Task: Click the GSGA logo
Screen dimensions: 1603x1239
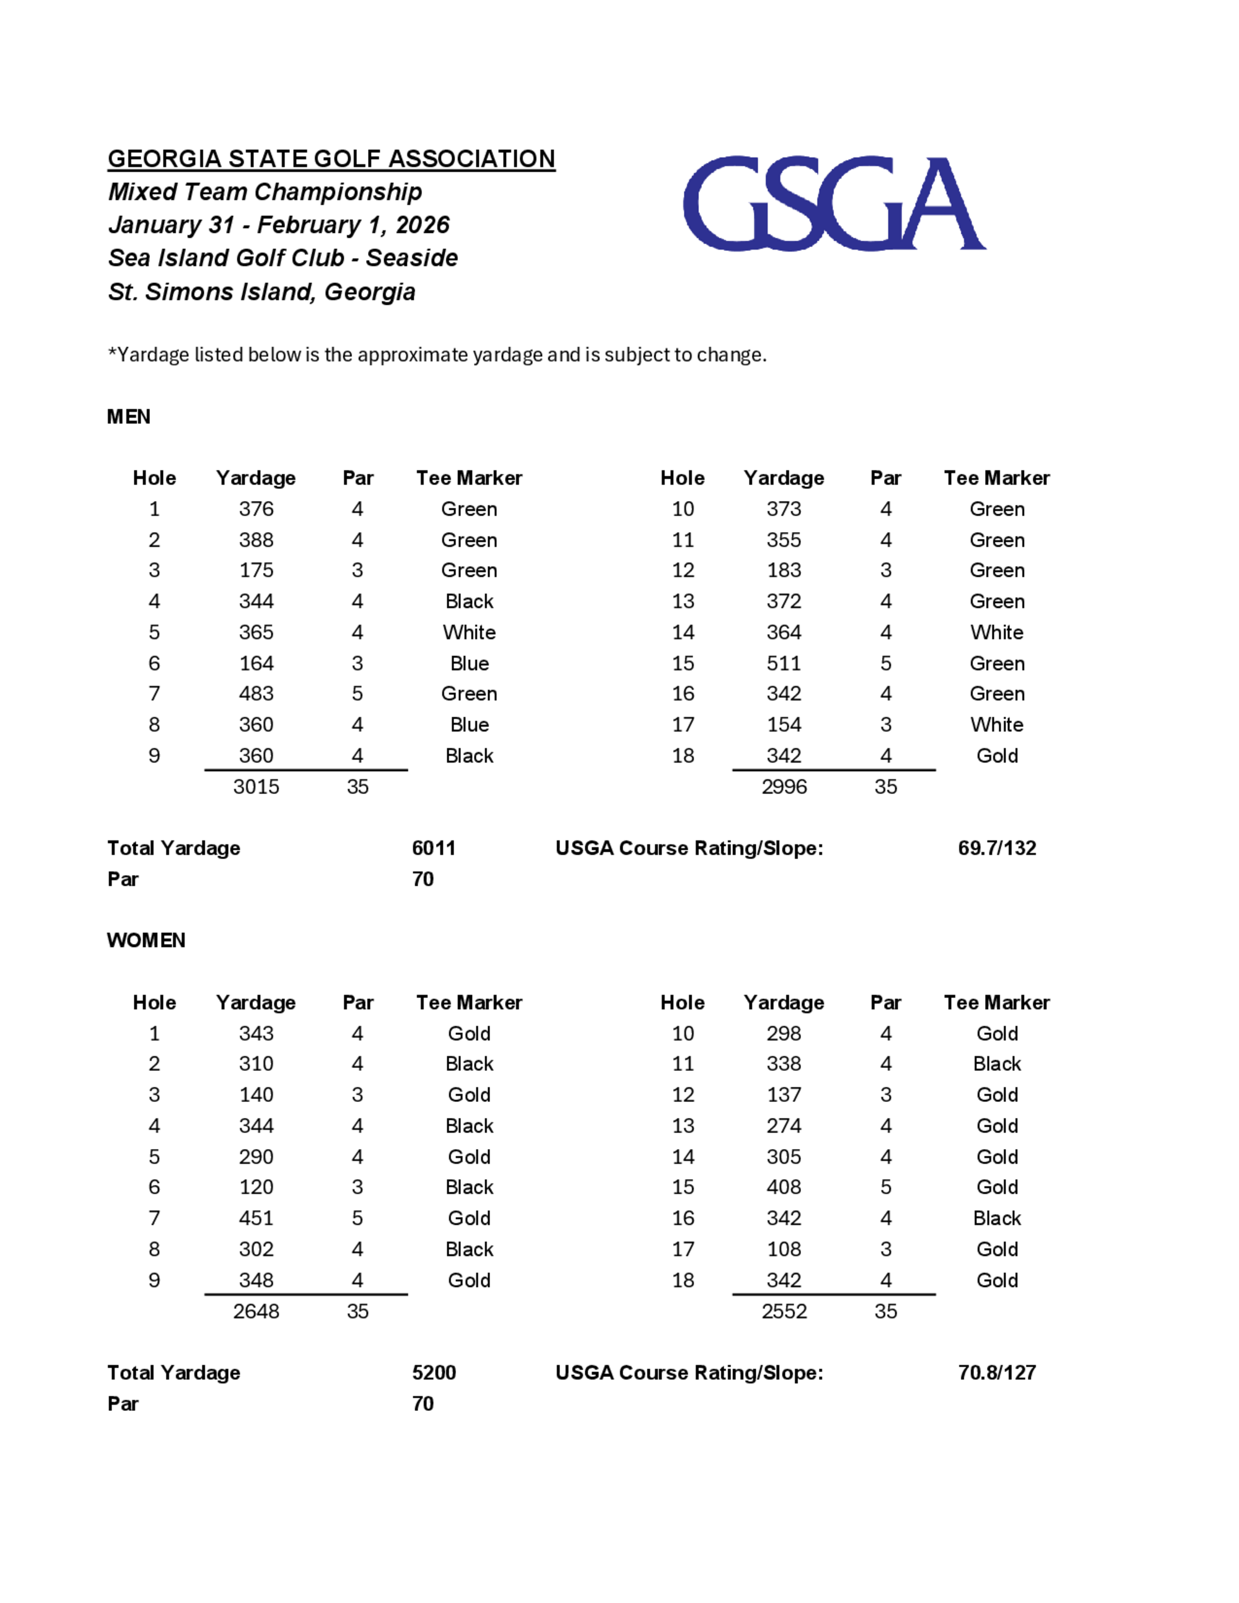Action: (834, 203)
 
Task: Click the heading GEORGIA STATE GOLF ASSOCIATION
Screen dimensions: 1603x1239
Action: (331, 159)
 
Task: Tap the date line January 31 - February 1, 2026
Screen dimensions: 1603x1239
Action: (279, 225)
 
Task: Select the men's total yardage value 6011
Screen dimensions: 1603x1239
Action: (433, 848)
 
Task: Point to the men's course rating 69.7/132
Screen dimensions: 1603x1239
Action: (996, 848)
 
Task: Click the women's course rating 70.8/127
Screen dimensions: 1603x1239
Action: (996, 1373)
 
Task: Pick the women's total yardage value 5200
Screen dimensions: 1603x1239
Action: (433, 1373)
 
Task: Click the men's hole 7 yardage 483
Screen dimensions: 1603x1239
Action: (256, 694)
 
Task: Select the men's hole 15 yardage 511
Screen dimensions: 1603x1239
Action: (783, 663)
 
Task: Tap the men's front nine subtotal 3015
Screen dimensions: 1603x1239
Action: (256, 787)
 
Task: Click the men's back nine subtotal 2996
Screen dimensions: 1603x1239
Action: (783, 787)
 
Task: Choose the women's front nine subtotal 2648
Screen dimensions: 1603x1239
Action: (256, 1312)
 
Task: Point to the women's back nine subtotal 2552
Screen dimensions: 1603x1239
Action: (783, 1312)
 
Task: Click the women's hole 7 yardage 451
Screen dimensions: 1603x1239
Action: (256, 1218)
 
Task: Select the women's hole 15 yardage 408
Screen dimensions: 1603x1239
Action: (783, 1187)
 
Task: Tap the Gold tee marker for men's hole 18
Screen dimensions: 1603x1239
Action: (996, 756)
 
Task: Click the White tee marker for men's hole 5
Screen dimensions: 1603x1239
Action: (469, 632)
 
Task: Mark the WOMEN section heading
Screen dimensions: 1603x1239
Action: (146, 940)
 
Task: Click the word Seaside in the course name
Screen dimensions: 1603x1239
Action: (412, 258)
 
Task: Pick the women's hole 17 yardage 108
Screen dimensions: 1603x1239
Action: (783, 1249)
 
